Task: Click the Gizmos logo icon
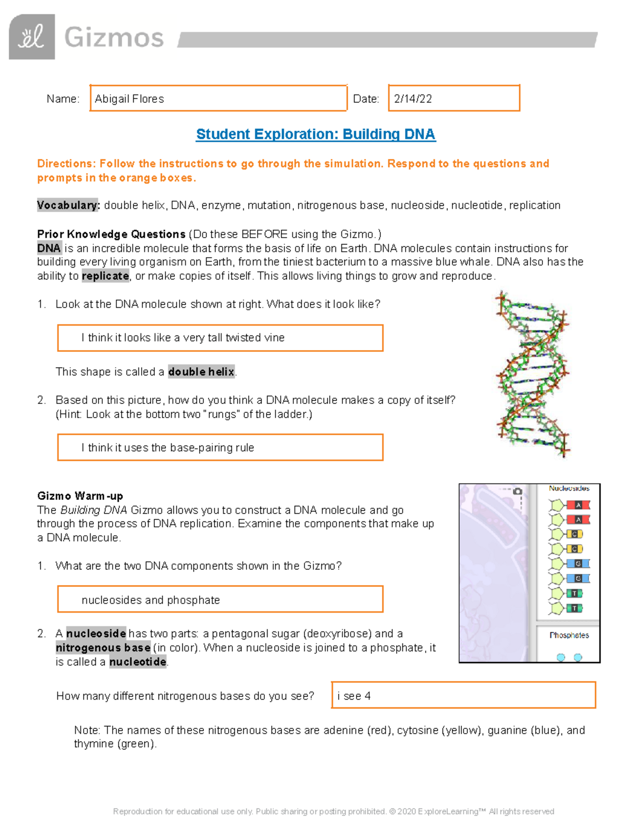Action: coord(32,37)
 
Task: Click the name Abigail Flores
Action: coord(130,99)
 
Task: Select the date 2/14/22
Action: coord(413,99)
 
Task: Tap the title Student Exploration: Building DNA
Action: coord(315,134)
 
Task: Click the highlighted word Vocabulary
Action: coord(67,205)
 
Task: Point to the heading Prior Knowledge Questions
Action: coord(111,234)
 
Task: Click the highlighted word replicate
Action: coord(105,276)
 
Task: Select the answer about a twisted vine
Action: coord(183,338)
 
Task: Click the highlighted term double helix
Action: coord(201,372)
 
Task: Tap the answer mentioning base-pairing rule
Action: coord(167,448)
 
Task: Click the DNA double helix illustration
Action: coord(532,374)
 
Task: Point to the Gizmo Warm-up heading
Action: coord(80,496)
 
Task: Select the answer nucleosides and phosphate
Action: coord(151,600)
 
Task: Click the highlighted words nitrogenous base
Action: coord(103,648)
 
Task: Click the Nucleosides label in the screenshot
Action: coord(569,488)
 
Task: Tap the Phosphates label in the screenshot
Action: coord(569,635)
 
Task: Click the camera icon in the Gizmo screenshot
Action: coord(517,491)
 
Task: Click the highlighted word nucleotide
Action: coord(138,662)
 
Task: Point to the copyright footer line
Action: coord(333,811)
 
